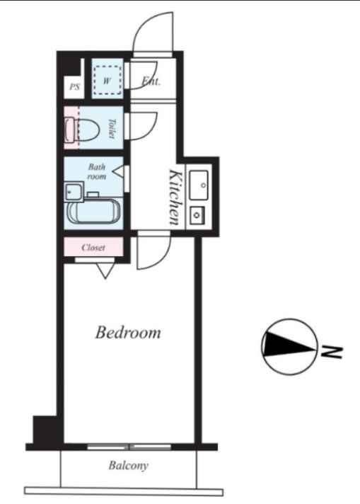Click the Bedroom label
coord(128,333)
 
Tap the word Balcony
coord(129,466)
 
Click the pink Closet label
coord(93,248)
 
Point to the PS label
coord(74,87)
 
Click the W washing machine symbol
coord(108,81)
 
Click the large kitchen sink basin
coord(199,185)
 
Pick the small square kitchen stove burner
coord(197,214)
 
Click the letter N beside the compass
coord(332,352)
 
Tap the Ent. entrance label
coord(151,81)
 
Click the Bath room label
coord(97,171)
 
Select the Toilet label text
coord(112,129)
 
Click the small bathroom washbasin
coord(74,192)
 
